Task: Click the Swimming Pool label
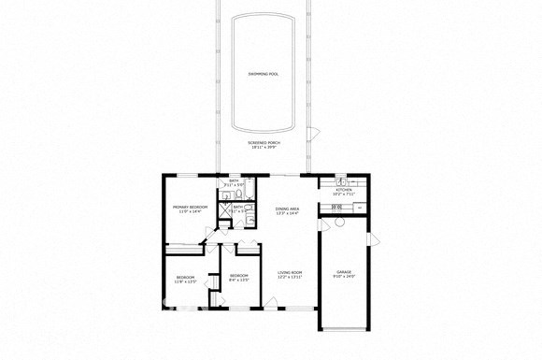(264, 72)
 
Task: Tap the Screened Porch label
(264, 142)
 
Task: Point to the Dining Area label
(287, 209)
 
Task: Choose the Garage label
(345, 271)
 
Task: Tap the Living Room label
(290, 272)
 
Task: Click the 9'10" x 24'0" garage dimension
(345, 277)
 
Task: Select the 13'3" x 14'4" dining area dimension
(287, 214)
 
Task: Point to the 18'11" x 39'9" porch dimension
(264, 148)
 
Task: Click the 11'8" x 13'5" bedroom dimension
(186, 281)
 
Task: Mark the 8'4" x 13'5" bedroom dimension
(239, 281)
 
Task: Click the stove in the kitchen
(326, 209)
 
